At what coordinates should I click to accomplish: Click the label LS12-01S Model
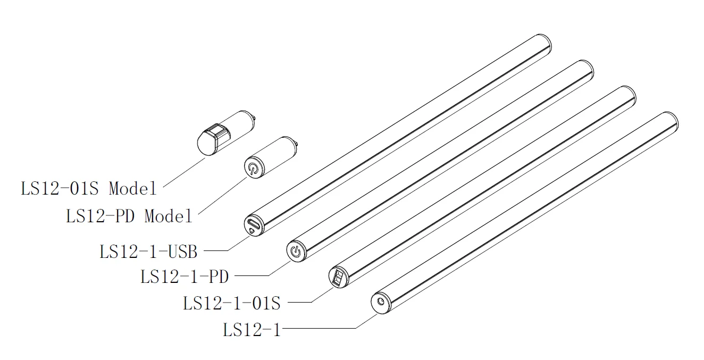[89, 188]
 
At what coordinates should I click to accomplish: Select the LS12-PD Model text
[129, 216]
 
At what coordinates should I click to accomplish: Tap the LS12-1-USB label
[148, 252]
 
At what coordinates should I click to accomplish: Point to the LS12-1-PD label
[185, 277]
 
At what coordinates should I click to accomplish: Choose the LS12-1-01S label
[232, 304]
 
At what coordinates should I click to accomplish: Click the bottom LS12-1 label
[252, 330]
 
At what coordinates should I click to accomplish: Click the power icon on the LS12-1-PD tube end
[295, 251]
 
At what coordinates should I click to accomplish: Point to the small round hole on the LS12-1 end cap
[380, 302]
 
